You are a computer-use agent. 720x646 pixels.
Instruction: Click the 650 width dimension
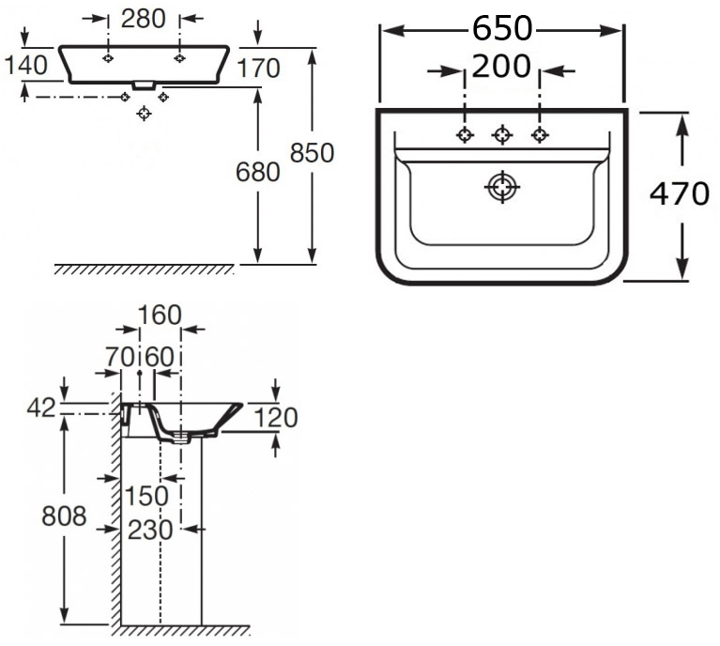pyautogui.click(x=501, y=30)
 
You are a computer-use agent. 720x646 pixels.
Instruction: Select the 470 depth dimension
pyautogui.click(x=680, y=194)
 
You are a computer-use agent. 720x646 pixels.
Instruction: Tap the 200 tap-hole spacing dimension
pyautogui.click(x=501, y=67)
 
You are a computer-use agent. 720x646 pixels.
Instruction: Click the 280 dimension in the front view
pyautogui.click(x=143, y=18)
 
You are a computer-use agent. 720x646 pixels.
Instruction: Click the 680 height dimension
pyautogui.click(x=259, y=172)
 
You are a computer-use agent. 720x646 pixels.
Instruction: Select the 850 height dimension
pyautogui.click(x=313, y=152)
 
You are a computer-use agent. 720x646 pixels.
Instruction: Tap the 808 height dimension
pyautogui.click(x=64, y=515)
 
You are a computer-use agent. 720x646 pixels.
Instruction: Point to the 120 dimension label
pyautogui.click(x=276, y=417)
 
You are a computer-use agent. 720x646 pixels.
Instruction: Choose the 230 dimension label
pyautogui.click(x=150, y=530)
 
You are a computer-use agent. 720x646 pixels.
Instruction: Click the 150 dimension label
pyautogui.click(x=149, y=495)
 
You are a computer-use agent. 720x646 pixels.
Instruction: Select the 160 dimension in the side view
pyautogui.click(x=160, y=315)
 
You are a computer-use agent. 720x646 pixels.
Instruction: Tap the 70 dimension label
pyautogui.click(x=121, y=356)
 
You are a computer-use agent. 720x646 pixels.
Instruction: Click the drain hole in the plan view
pyautogui.click(x=502, y=188)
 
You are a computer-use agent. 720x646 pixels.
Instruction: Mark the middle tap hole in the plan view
pyautogui.click(x=502, y=135)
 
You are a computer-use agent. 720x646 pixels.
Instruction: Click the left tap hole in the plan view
pyautogui.click(x=465, y=135)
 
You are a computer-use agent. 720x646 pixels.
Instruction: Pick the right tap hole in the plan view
pyautogui.click(x=540, y=135)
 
